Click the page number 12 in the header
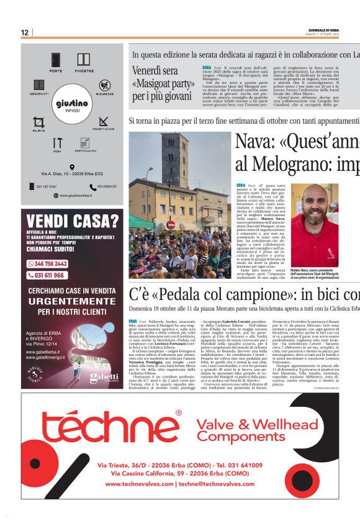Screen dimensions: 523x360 (x=25, y=32)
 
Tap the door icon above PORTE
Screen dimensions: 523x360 (x=56, y=60)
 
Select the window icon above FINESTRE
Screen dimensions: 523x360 (x=84, y=60)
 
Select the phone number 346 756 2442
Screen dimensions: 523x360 (x=47, y=263)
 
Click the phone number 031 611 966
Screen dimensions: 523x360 (x=47, y=275)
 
